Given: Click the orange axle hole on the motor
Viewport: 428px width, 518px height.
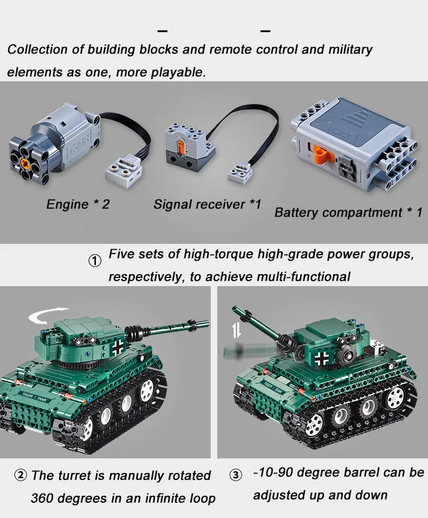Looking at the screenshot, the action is (25, 163).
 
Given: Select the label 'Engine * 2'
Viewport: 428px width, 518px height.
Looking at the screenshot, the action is (78, 204).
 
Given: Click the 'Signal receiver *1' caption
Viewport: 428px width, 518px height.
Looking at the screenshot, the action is (207, 204).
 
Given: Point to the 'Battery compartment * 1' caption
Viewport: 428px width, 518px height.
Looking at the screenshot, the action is (348, 212).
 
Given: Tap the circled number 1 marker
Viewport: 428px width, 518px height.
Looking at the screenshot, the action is (95, 261).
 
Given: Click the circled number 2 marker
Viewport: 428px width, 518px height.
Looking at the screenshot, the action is (21, 475).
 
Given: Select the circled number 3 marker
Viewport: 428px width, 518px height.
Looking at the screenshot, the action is (236, 475).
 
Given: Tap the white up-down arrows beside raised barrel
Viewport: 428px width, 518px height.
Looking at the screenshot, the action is (236, 331).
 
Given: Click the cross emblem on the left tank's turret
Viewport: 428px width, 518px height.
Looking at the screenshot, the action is (118, 347).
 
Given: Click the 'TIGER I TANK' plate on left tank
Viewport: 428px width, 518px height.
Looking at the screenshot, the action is (35, 397).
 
